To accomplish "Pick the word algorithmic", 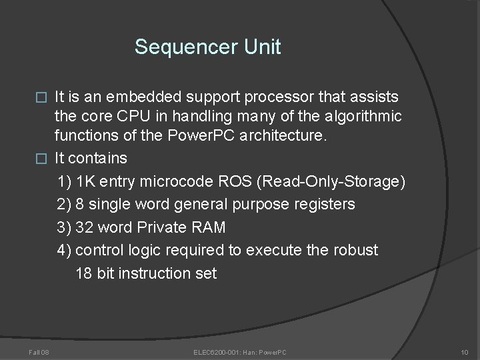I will (364, 117).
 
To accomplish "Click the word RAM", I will (209, 227).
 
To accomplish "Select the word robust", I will (355, 250).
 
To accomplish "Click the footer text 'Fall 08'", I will (31, 351).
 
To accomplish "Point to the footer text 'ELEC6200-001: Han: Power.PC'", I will (239, 351).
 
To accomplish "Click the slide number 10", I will (464, 351).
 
